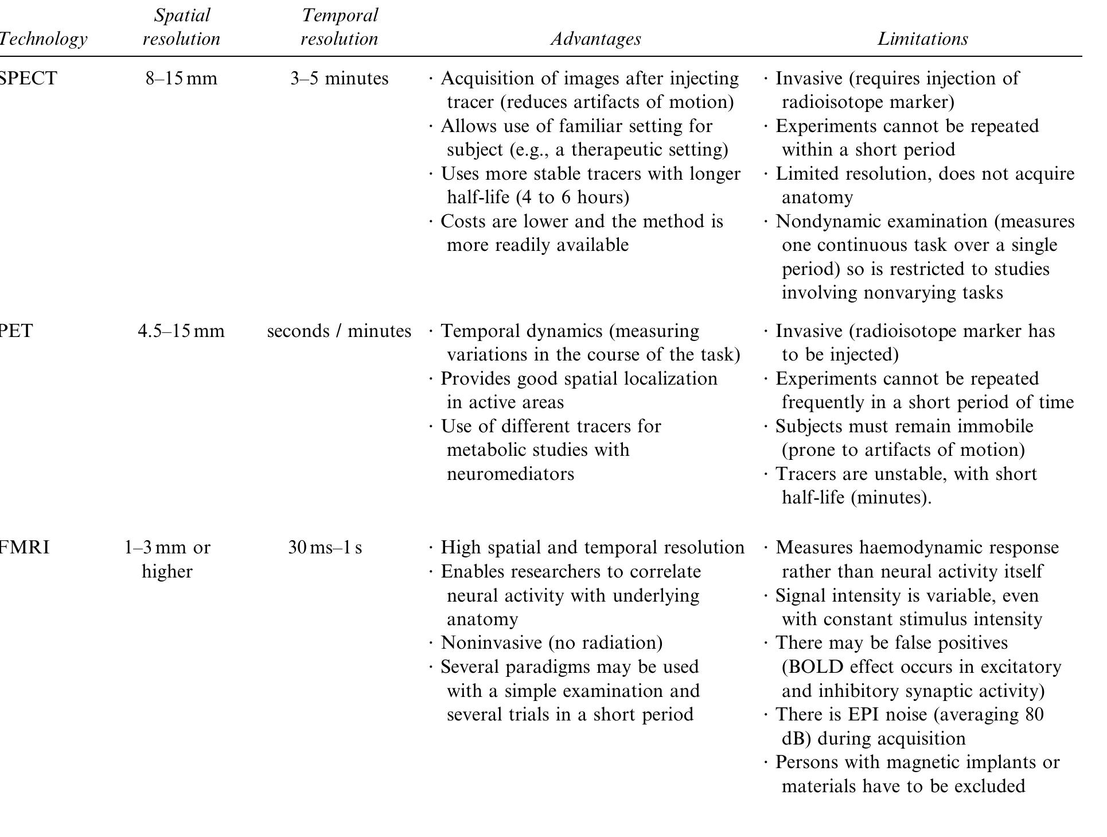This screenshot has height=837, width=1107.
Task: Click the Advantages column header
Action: pyautogui.click(x=595, y=39)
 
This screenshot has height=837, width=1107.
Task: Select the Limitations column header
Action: pyautogui.click(x=922, y=39)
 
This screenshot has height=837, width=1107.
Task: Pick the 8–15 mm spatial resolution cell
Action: pyautogui.click(x=181, y=78)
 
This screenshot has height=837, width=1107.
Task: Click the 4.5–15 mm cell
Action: pyautogui.click(x=181, y=331)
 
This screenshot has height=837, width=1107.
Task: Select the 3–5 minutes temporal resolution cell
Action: pyautogui.click(x=339, y=78)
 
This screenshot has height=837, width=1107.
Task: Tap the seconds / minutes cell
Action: pyautogui.click(x=339, y=331)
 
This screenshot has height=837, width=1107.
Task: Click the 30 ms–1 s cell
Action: pyautogui.click(x=325, y=548)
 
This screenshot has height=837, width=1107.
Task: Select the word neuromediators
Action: pyautogui.click(x=510, y=474)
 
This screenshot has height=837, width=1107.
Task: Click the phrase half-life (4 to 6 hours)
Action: pyautogui.click(x=537, y=197)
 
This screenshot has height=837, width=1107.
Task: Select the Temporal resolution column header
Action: pyautogui.click(x=339, y=27)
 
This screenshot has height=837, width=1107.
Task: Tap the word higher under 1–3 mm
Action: pyautogui.click(x=167, y=572)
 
